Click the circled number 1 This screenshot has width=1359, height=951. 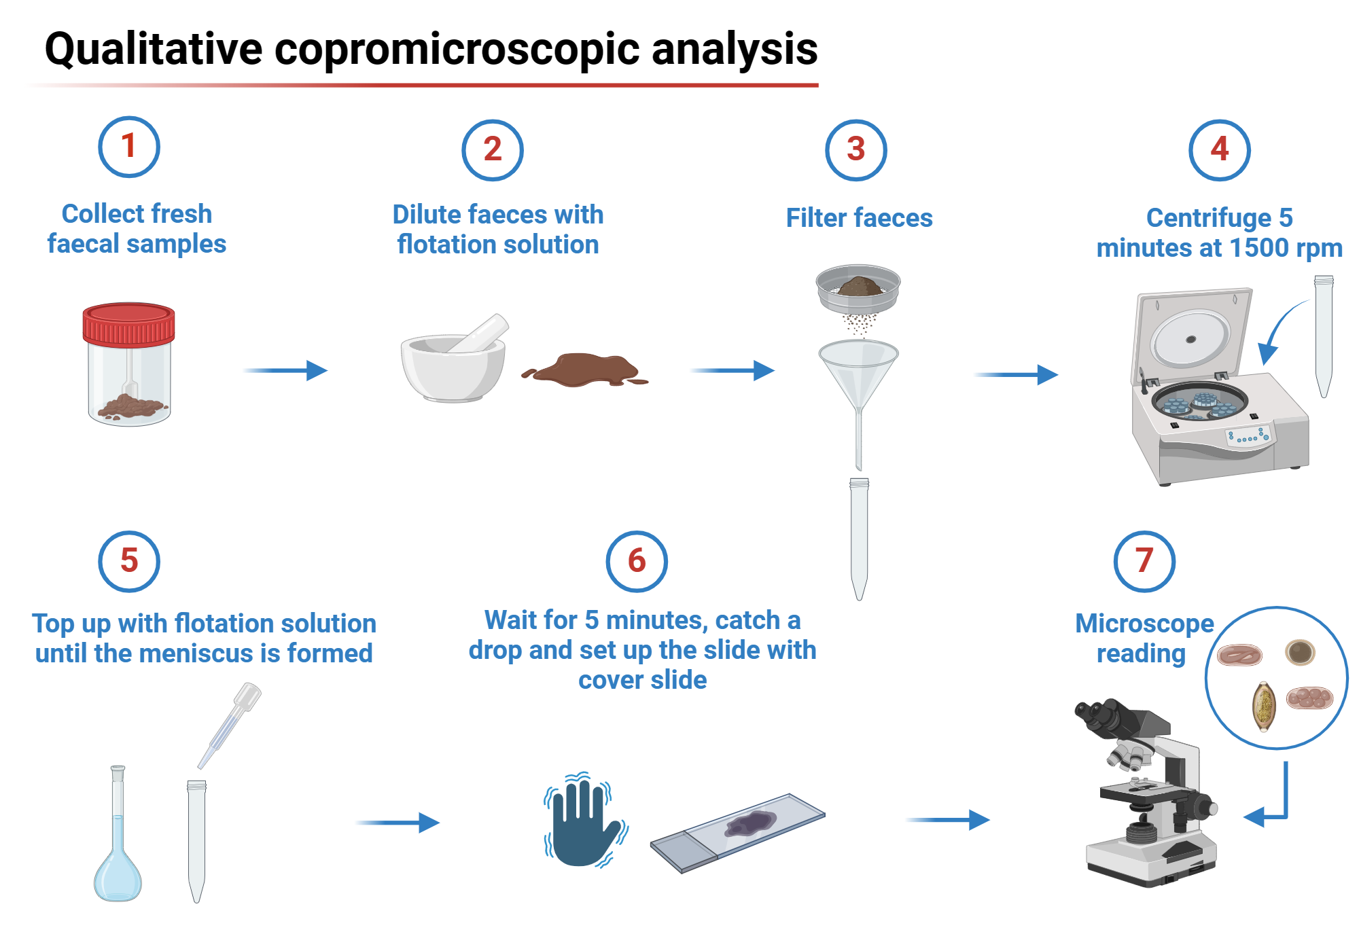pos(129,147)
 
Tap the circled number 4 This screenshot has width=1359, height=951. pos(1219,150)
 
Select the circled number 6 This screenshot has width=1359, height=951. pos(637,562)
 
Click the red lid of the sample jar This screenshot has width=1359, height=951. pos(128,324)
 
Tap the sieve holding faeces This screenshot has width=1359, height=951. pos(858,288)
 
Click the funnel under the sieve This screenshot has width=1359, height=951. pos(858,374)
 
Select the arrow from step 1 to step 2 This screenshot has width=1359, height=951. pos(285,370)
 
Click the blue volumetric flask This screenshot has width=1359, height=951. pos(118,863)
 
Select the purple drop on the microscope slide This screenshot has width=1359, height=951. pos(751,823)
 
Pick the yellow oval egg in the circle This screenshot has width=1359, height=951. pos(1264,706)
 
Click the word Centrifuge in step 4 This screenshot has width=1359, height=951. pos(1208,218)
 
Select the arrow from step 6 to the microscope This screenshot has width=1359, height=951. pos(948,820)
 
